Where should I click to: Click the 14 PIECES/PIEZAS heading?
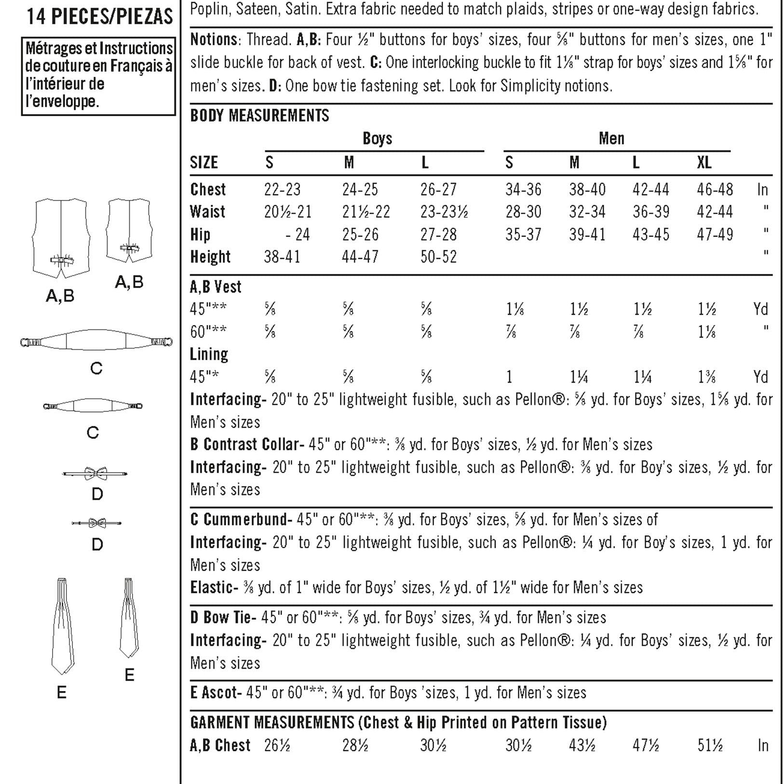pos(99,17)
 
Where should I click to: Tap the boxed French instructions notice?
pos(98,76)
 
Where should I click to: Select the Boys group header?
pos(377,139)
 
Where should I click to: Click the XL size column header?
pos(704,163)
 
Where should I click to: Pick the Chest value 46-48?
pos(715,189)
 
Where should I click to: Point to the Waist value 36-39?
pos(650,212)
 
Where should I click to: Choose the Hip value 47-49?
pos(715,235)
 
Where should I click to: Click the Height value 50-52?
pos(438,257)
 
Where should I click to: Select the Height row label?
pos(210,257)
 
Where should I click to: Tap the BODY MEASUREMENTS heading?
pos(259,116)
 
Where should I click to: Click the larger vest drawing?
pos(61,238)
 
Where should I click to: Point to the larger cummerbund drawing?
pos(96,342)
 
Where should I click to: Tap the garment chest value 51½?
pos(710,745)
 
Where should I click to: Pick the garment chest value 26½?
pos(277,745)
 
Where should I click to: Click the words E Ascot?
pos(215,693)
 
